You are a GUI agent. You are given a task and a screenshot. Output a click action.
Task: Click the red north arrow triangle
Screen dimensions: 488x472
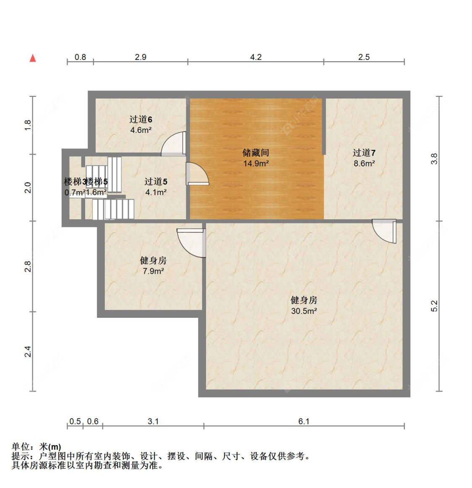pyautogui.click(x=33, y=58)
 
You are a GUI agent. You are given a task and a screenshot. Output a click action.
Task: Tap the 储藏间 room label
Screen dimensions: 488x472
pyautogui.click(x=256, y=153)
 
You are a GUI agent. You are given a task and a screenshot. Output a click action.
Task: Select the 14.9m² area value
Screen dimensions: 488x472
pyautogui.click(x=256, y=164)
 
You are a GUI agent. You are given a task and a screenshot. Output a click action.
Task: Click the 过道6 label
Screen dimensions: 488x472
pyautogui.click(x=141, y=119)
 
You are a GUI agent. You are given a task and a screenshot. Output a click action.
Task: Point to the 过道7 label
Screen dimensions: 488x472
pyautogui.click(x=364, y=153)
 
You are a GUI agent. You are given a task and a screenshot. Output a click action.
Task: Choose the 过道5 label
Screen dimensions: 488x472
pyautogui.click(x=156, y=182)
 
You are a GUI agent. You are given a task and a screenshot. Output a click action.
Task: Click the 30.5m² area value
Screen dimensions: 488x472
pyautogui.click(x=304, y=311)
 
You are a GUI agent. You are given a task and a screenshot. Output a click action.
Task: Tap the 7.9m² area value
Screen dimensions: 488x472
pyautogui.click(x=153, y=271)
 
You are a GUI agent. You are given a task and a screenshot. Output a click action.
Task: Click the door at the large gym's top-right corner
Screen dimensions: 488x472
pyautogui.click(x=385, y=231)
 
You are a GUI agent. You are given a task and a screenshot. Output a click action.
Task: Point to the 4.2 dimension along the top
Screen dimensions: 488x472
pyautogui.click(x=256, y=57)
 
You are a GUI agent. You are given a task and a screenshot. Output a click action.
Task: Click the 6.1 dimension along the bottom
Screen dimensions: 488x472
pyautogui.click(x=304, y=421)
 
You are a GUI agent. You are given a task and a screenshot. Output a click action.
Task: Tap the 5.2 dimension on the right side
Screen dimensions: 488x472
pyautogui.click(x=434, y=306)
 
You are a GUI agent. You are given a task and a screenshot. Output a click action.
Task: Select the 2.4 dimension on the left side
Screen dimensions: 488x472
pyautogui.click(x=28, y=351)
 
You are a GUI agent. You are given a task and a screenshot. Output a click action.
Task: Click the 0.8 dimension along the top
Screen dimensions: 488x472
pyautogui.click(x=80, y=57)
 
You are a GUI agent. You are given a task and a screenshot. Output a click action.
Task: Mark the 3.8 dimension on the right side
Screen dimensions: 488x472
pyautogui.click(x=434, y=158)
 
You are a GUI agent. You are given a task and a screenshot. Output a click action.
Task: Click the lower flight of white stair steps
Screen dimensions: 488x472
pyautogui.click(x=113, y=209)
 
